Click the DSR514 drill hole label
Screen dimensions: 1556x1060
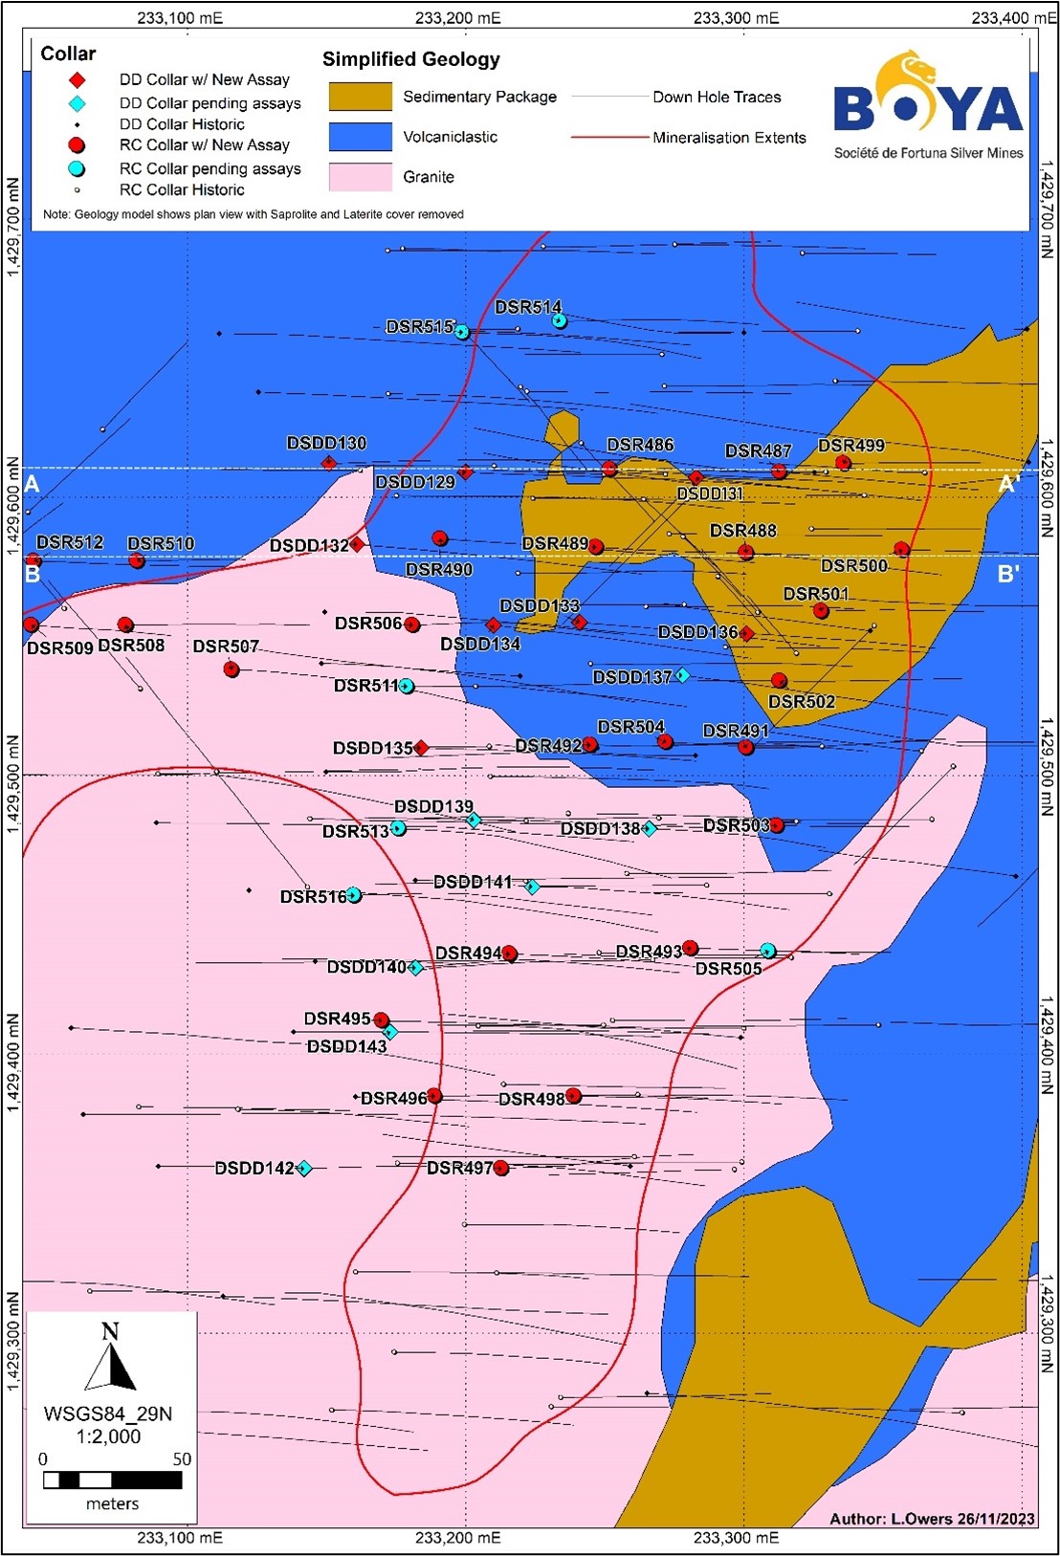527,307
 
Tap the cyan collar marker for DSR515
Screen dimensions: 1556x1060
462,332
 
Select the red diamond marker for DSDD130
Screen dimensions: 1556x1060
329,463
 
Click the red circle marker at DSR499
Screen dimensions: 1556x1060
843,463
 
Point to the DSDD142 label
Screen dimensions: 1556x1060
254,1168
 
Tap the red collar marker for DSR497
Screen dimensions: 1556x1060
500,1168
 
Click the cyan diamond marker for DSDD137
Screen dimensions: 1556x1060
682,675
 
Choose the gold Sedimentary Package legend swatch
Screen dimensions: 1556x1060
360,97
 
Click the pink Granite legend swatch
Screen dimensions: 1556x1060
360,177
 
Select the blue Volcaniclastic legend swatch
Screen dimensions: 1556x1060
360,137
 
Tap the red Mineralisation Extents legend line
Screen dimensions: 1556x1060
609,138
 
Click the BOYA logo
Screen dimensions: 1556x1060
927,105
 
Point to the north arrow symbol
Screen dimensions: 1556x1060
111,1358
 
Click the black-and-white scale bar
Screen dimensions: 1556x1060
112,1479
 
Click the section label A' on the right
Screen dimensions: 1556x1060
1008,485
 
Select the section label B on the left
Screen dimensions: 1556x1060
33,575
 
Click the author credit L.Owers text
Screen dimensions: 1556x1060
932,1518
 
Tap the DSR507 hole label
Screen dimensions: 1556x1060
226,647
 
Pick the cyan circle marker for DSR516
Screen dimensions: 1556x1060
354,895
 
